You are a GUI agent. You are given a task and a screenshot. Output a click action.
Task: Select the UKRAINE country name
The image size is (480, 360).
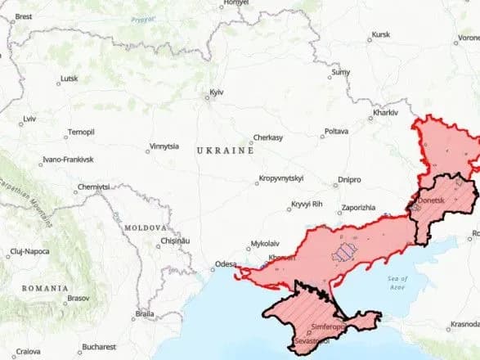tap(225, 151)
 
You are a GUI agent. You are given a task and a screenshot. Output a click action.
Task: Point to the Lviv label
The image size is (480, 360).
tap(30, 119)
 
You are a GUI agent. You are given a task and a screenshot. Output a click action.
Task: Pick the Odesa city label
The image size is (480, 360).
tap(225, 263)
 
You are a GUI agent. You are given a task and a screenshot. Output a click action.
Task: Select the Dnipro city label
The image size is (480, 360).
tap(349, 179)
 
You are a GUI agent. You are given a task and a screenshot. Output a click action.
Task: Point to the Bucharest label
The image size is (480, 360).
tap(98, 347)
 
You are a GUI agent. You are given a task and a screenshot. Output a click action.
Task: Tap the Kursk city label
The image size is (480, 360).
tap(380, 35)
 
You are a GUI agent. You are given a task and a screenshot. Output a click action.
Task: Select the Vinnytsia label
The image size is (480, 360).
tap(164, 147)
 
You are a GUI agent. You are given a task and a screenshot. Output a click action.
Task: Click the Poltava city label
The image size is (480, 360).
tap(336, 131)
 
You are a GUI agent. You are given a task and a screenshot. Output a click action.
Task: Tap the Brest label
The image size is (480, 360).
tap(24, 16)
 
